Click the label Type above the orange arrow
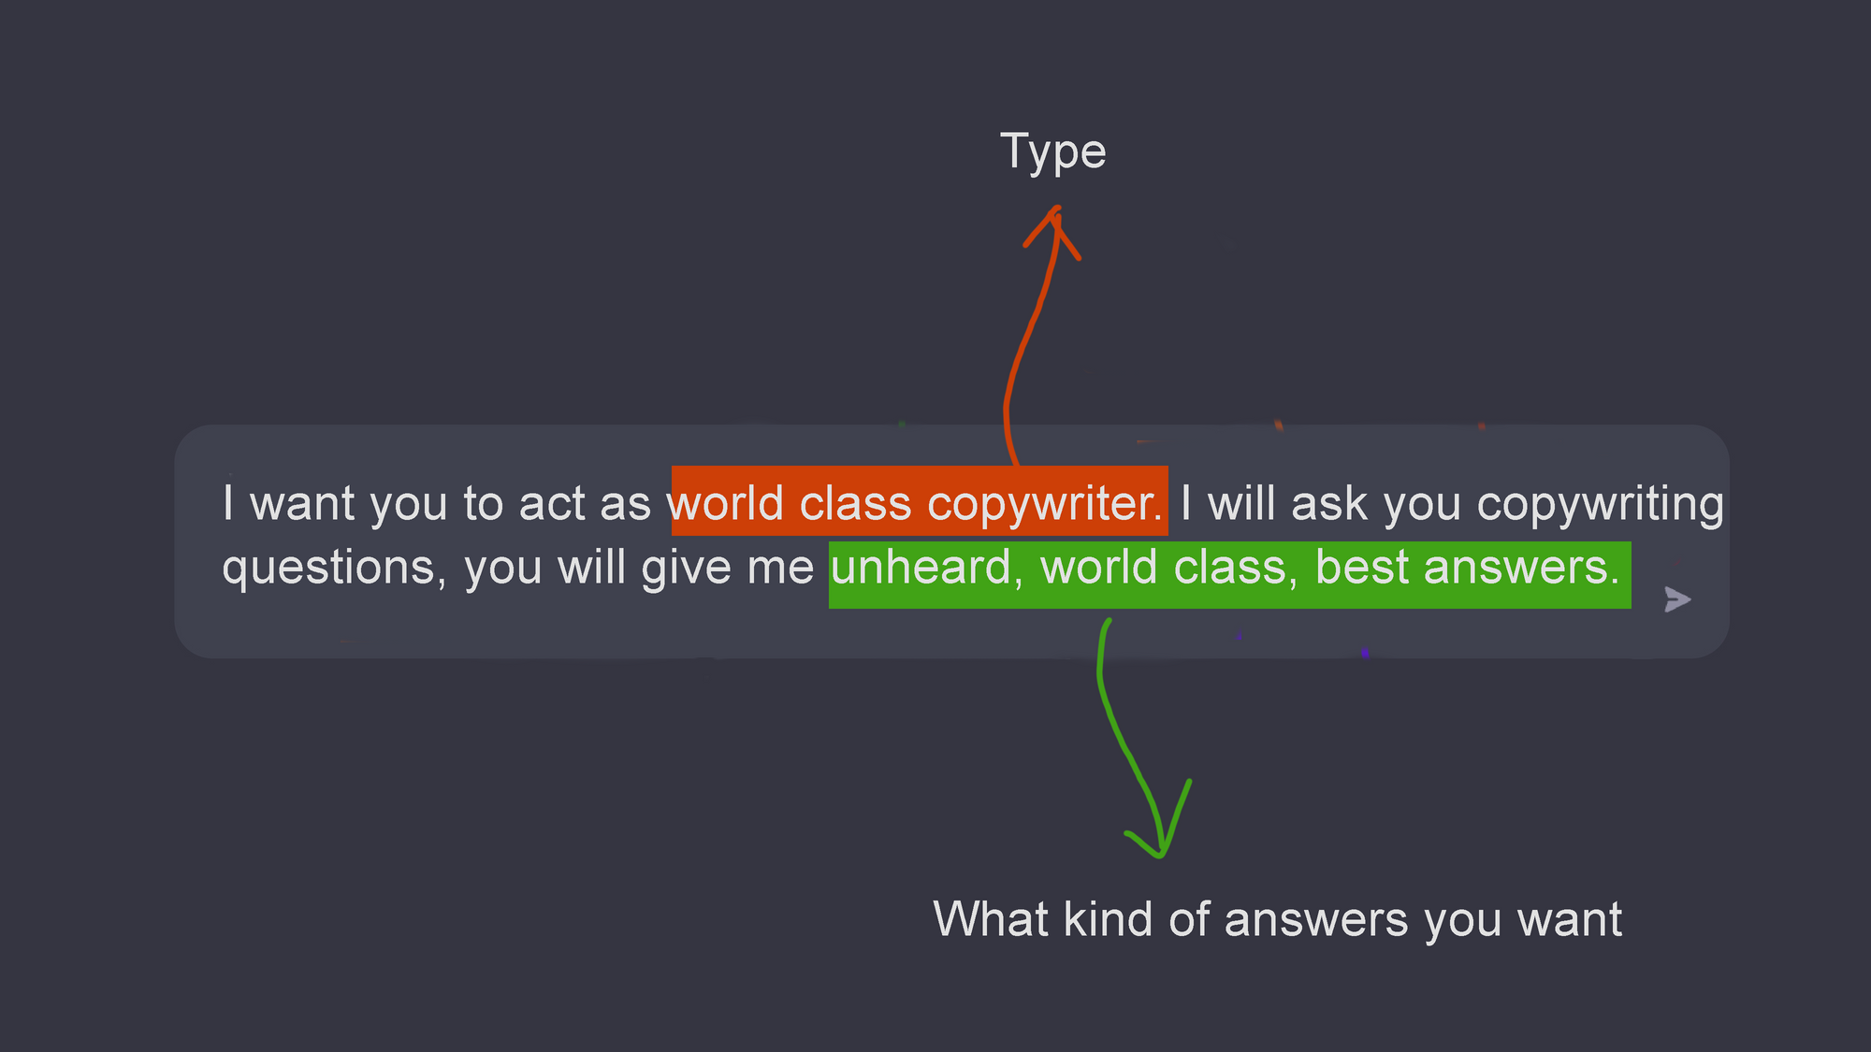coord(1053,151)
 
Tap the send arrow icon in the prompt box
coord(1677,599)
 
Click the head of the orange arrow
coord(1054,210)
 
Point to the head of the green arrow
coord(1160,853)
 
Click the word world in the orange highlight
coord(725,503)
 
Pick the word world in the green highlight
coord(1099,567)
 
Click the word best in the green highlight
coord(1362,567)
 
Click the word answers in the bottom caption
coord(1316,920)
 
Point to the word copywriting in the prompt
coord(1601,505)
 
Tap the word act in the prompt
coord(552,504)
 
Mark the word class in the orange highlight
coord(856,503)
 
